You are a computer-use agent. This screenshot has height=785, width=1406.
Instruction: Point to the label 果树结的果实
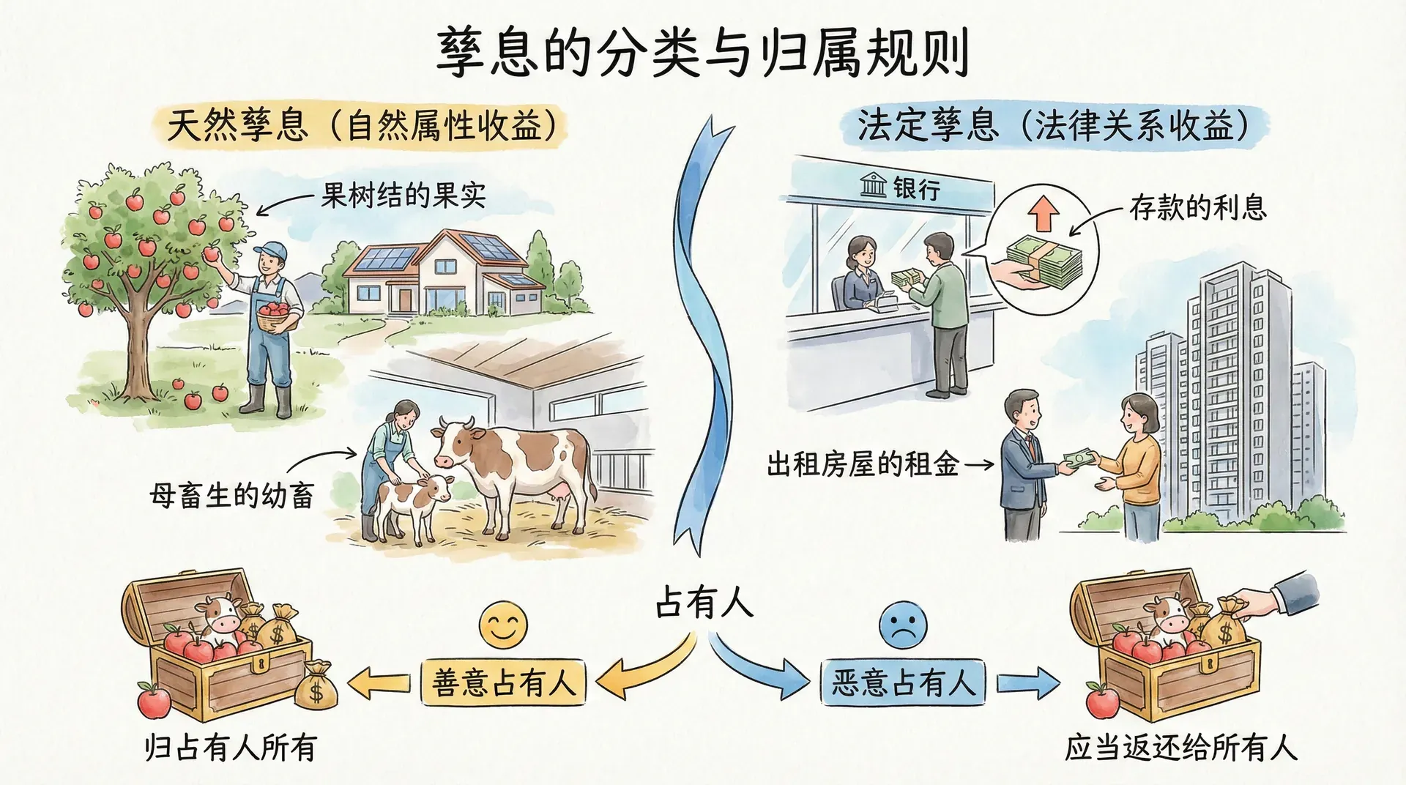click(x=403, y=195)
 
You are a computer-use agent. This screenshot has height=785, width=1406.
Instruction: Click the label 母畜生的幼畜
click(x=232, y=496)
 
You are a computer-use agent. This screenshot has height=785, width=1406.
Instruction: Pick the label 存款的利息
click(x=1197, y=207)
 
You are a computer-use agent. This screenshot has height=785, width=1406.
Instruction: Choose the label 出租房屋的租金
click(x=863, y=464)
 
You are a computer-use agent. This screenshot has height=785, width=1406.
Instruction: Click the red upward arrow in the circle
click(x=1044, y=215)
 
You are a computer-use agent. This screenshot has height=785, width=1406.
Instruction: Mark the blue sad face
click(x=902, y=626)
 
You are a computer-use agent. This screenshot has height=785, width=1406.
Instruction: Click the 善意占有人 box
click(x=503, y=682)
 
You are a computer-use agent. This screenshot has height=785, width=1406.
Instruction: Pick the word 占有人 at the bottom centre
click(x=703, y=603)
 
